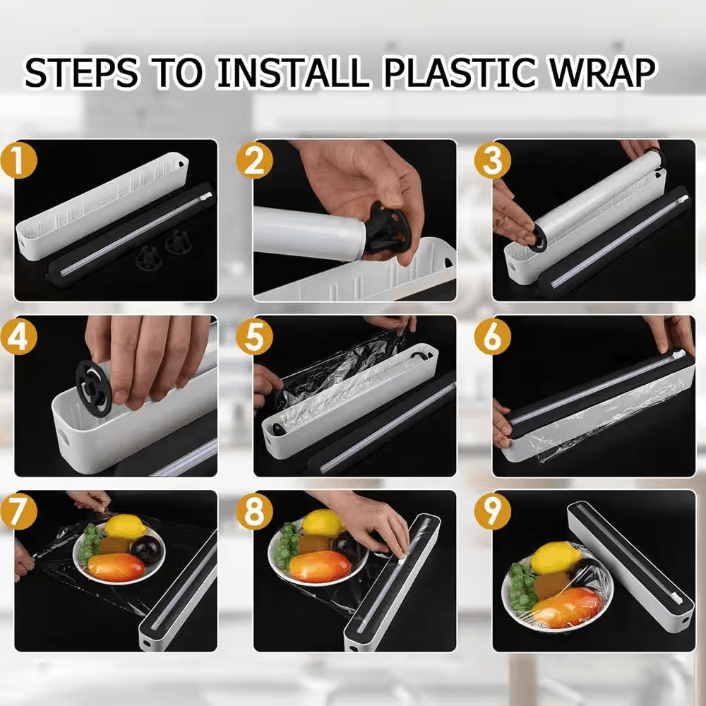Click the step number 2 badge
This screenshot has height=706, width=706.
tap(253, 161)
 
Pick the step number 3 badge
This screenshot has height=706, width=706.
tap(492, 161)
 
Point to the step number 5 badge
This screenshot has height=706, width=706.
tap(253, 337)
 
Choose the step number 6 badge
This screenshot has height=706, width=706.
tap(492, 337)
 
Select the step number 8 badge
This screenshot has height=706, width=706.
tap(253, 512)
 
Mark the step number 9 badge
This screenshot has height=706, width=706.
tap(492, 512)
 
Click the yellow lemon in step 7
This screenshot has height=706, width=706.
tap(125, 526)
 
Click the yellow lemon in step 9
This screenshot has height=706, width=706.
tap(556, 558)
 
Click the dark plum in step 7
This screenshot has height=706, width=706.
tap(147, 548)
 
